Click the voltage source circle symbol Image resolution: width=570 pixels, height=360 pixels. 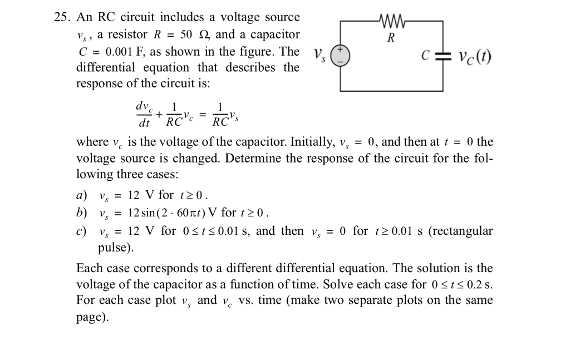tap(340, 56)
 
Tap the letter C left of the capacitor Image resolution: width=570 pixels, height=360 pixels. tap(425, 57)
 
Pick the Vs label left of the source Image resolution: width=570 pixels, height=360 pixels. tap(318, 56)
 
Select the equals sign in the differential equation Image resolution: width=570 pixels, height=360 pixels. tap(203, 115)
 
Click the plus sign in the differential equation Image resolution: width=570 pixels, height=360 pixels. tap(159, 115)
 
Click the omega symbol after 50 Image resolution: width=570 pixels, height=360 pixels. tap(203, 35)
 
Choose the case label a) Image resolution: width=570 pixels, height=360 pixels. tap(82, 195)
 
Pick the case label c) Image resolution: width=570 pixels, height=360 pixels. tap(82, 231)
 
